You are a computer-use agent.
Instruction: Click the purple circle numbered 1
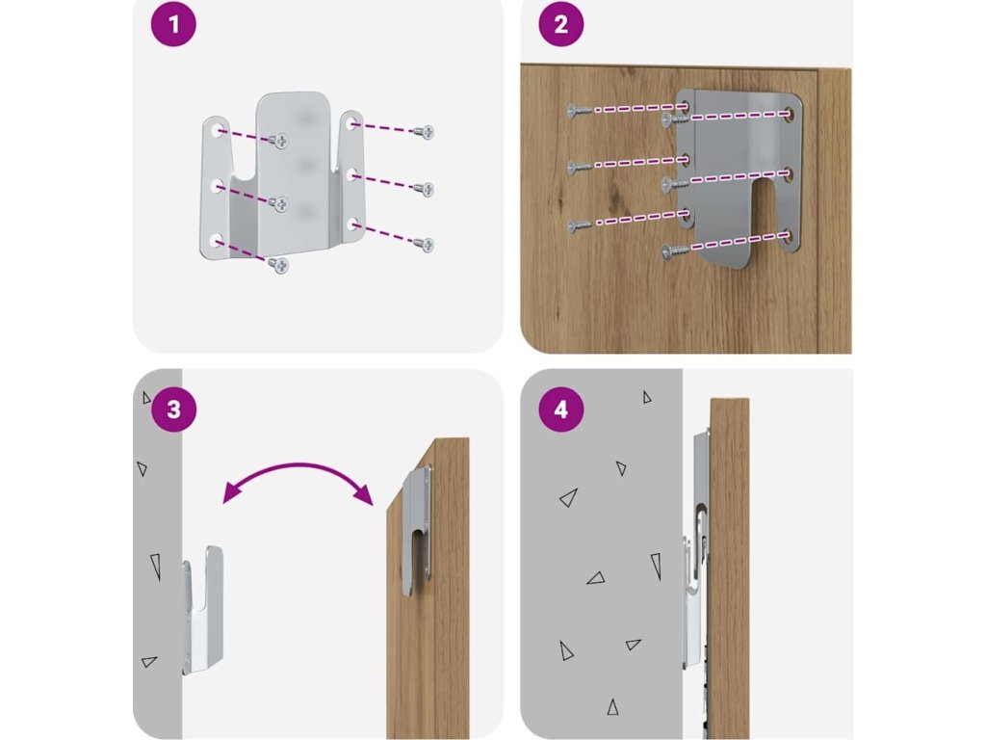tap(173, 25)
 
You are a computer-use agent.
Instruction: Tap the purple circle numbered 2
tap(561, 25)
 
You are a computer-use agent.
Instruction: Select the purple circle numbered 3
tap(173, 410)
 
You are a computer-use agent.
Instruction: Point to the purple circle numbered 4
tap(561, 411)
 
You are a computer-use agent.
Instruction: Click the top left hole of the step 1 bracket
tap(214, 128)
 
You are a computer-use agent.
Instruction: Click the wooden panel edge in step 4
tap(729, 568)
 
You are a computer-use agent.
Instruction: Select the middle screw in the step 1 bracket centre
tap(279, 203)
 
